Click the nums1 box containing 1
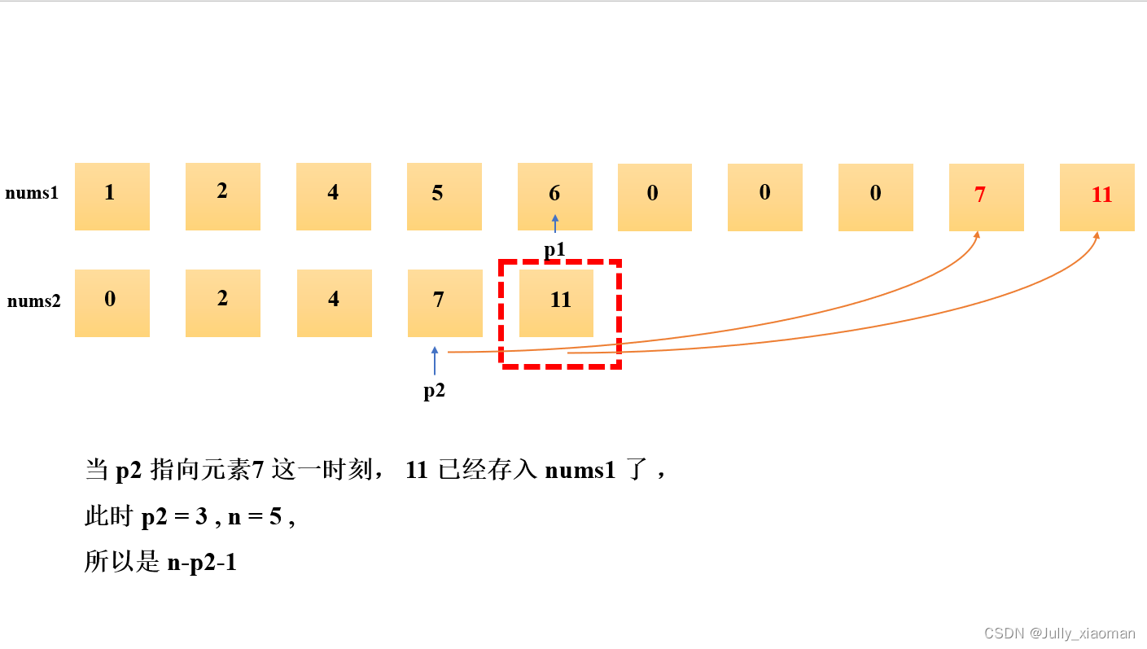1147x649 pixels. [x=112, y=196]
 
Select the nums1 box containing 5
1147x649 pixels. [x=444, y=196]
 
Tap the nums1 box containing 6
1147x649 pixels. [x=555, y=196]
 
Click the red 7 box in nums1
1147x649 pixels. [x=987, y=196]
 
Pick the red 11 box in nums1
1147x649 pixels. [x=1097, y=196]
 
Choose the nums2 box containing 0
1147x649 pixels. [x=112, y=303]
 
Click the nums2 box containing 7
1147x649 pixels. [x=445, y=303]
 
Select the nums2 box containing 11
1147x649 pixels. [x=557, y=303]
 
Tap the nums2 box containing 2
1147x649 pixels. [x=223, y=303]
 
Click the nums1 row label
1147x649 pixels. [x=32, y=194]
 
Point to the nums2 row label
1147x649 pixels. [x=34, y=301]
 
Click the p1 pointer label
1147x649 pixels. [x=555, y=250]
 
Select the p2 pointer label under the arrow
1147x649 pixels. [x=435, y=391]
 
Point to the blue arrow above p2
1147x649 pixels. [x=435, y=361]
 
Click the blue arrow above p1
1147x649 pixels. [x=555, y=223]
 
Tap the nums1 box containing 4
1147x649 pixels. [x=334, y=196]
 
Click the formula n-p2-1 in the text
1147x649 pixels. [x=202, y=562]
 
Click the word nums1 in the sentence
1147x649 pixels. [x=580, y=471]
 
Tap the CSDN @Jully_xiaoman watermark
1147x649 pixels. [x=1059, y=634]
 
